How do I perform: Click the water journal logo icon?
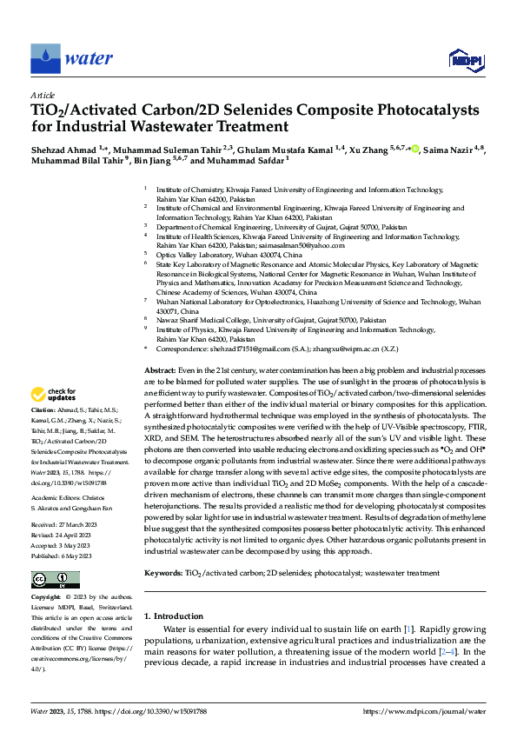point(45,59)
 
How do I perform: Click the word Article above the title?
point(42,95)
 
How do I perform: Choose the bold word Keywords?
point(163,549)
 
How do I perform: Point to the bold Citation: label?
point(43,409)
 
